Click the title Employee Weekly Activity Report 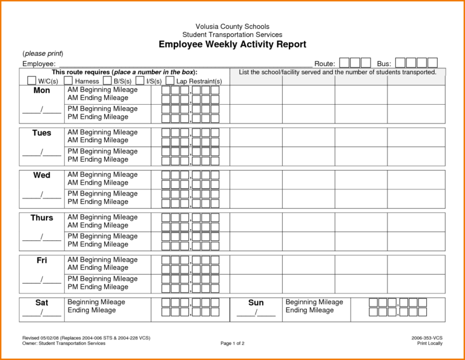(232, 44)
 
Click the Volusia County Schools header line (232, 27)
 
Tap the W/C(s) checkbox (31, 80)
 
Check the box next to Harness (68, 80)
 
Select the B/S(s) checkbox (107, 80)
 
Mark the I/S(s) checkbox (140, 80)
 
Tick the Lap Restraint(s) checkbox (170, 80)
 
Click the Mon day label (42, 91)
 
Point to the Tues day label (42, 133)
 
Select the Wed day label (42, 175)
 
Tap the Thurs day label (42, 218)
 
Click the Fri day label (42, 260)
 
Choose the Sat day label (42, 303)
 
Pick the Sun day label (256, 303)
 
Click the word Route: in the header (325, 64)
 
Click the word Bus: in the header (384, 64)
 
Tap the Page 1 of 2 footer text (232, 343)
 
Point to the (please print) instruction (43, 54)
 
